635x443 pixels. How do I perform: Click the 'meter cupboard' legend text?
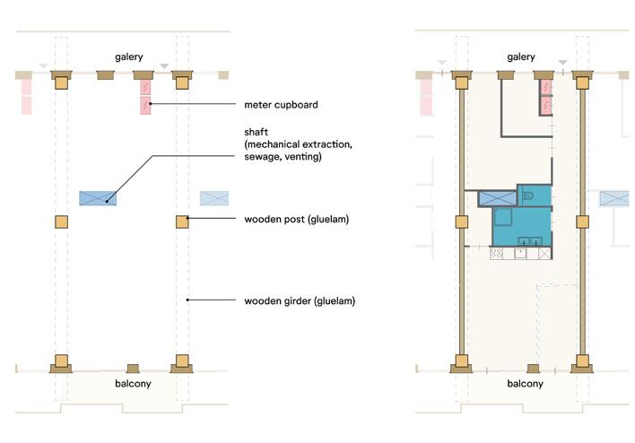(x=281, y=106)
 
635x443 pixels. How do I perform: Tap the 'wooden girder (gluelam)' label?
(x=300, y=300)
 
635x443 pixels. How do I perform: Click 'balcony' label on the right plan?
(x=525, y=384)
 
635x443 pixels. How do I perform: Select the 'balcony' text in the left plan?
(x=132, y=384)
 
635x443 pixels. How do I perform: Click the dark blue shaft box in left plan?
(x=98, y=198)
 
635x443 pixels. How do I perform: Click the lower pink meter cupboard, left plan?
(x=144, y=106)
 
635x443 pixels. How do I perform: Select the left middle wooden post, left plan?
(x=61, y=221)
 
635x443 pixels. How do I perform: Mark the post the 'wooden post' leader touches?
(x=182, y=221)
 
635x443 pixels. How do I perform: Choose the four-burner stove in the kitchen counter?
(x=497, y=254)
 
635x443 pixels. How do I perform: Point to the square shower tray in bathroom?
(x=503, y=217)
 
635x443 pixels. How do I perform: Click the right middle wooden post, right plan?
(x=583, y=221)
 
